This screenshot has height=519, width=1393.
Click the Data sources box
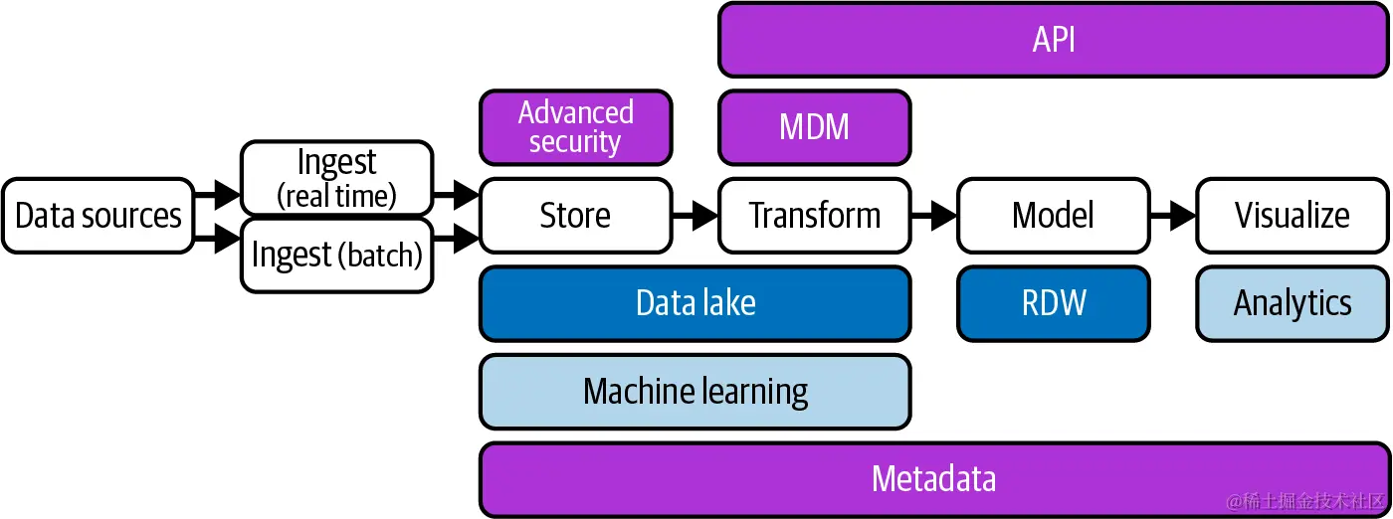(x=98, y=216)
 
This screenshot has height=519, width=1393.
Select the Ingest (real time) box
(x=336, y=178)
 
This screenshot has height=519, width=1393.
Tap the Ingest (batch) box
(x=336, y=256)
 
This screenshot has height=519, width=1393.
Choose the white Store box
(x=575, y=216)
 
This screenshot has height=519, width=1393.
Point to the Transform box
(x=814, y=216)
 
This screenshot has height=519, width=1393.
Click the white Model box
(x=1053, y=216)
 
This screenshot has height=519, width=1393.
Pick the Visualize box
(x=1292, y=216)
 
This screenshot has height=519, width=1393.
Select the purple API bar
(x=1053, y=40)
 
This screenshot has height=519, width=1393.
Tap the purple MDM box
(x=814, y=127)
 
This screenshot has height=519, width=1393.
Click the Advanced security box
(x=575, y=127)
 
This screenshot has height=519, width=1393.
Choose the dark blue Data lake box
(x=695, y=303)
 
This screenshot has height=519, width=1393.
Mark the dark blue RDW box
(x=1053, y=303)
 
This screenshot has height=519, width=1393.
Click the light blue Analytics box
(x=1292, y=303)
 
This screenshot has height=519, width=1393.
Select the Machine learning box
(x=695, y=392)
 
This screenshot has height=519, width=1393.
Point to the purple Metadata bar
(x=933, y=479)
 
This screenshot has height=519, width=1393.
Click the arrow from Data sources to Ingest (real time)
(x=218, y=195)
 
